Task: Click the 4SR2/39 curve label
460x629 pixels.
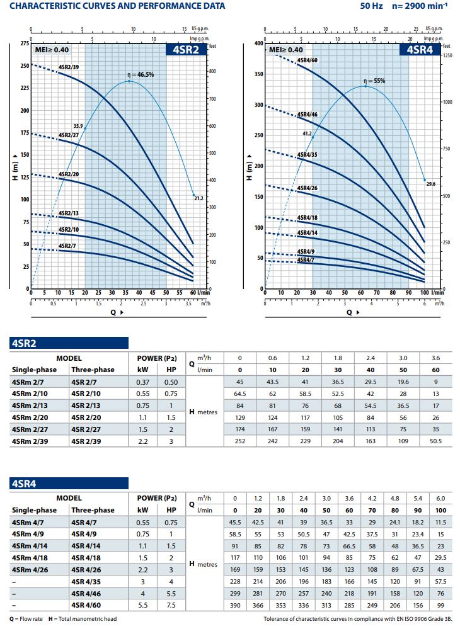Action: pos(69,66)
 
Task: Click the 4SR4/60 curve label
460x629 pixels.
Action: pos(308,60)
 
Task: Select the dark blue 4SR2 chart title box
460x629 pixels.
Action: pos(186,50)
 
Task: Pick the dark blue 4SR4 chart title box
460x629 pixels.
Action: pos(420,50)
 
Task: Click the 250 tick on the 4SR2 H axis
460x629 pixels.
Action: pos(24,65)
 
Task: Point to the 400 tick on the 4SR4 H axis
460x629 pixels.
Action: pos(258,43)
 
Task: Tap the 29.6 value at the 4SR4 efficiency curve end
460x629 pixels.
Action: pos(431,184)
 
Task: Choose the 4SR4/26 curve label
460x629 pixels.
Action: pos(308,188)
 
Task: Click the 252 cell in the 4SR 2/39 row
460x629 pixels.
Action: pos(239,441)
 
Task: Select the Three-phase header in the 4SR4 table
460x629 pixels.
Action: pos(93,509)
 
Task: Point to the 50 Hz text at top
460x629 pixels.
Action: pos(371,6)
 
